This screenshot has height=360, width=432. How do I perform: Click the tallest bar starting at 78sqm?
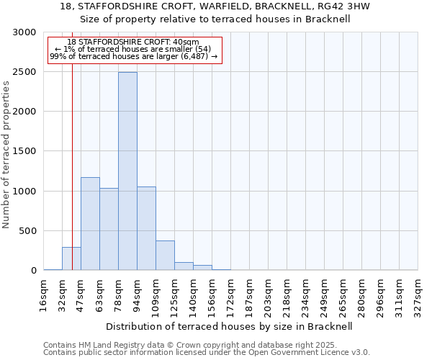(127, 171)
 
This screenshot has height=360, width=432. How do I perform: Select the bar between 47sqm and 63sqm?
(90, 223)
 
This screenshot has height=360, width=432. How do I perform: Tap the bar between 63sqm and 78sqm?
(109, 229)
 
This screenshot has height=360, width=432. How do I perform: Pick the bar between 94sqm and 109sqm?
(146, 228)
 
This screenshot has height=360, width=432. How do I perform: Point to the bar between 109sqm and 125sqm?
(165, 256)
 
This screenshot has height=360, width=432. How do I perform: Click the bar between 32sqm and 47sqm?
(71, 258)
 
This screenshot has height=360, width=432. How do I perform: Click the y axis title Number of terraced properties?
(6, 154)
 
